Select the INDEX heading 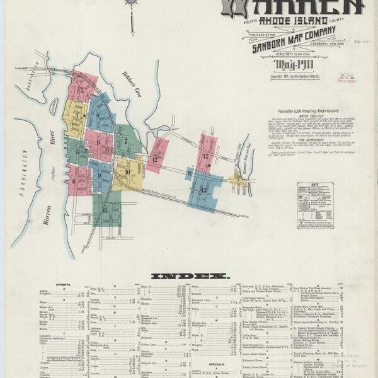[x=189, y=276]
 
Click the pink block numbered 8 [x=75, y=181]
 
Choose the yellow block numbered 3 [x=76, y=115]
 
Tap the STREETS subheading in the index [x=63, y=285]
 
